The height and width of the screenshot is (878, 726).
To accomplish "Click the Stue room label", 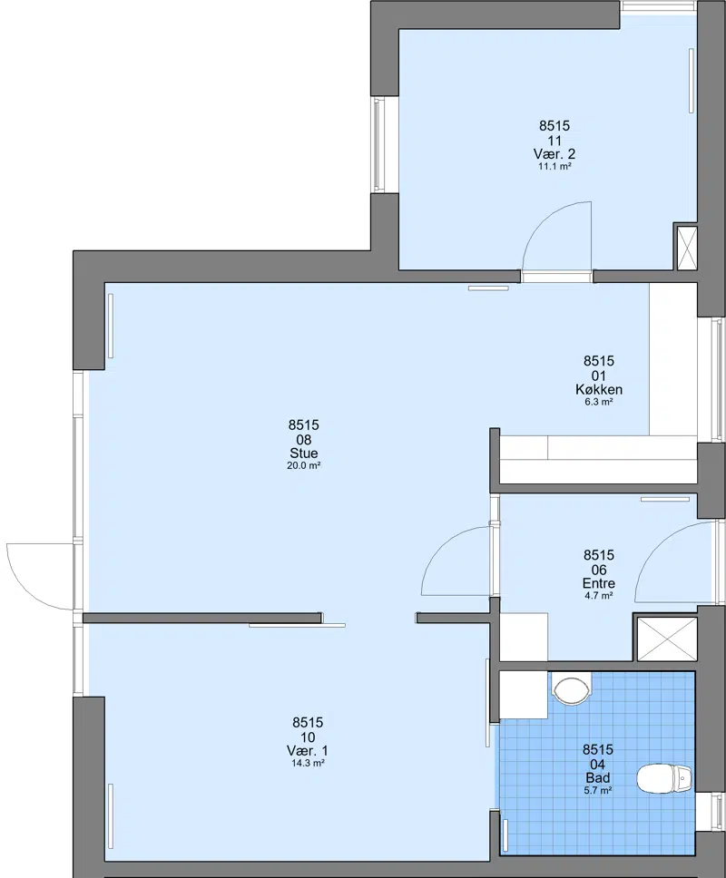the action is point(304,453).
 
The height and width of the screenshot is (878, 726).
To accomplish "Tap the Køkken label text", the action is point(599,389).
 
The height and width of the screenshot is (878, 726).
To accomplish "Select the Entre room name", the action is point(599,583).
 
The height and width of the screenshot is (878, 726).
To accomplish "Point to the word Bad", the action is point(598,777).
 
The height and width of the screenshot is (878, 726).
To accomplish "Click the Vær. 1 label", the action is point(308,751).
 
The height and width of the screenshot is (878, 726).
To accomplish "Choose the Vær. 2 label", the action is point(554,154).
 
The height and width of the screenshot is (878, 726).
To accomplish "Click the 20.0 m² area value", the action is point(304,465).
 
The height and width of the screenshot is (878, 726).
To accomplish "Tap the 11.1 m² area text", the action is point(554,166).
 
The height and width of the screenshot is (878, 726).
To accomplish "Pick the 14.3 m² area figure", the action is point(309,763).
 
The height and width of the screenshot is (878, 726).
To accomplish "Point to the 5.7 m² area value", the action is point(598,790).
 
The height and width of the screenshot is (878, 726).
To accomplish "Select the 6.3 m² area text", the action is point(599,402).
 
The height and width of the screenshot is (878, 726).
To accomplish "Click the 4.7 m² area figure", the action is point(599,596).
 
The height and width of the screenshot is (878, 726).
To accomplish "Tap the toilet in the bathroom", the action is point(664,779).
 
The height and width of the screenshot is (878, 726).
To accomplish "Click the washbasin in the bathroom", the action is point(572,688).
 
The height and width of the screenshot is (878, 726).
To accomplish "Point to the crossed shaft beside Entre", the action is point(667,639).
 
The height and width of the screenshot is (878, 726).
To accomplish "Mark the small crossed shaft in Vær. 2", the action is point(687,247).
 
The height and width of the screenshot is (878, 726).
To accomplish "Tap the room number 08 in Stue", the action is point(304,440).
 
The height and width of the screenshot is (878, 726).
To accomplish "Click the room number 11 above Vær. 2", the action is point(554,141).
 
